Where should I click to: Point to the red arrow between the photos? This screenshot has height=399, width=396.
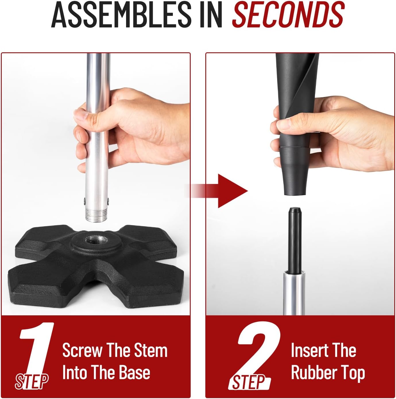[x=227, y=191]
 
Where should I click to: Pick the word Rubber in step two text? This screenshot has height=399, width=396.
[x=312, y=373]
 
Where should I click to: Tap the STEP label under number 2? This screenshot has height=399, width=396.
[x=249, y=382]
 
